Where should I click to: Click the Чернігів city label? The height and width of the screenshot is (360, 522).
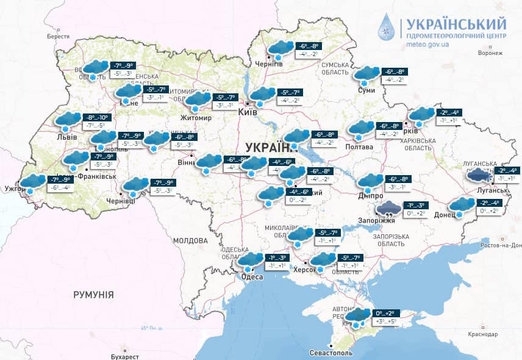coord(269,64)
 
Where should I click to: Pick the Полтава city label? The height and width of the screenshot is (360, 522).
coord(359,147)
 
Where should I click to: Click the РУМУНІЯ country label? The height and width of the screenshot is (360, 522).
coord(93,295)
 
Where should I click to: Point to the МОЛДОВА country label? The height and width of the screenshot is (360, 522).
coord(190,240)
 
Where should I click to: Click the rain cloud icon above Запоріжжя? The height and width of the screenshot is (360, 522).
coord(388,209)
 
